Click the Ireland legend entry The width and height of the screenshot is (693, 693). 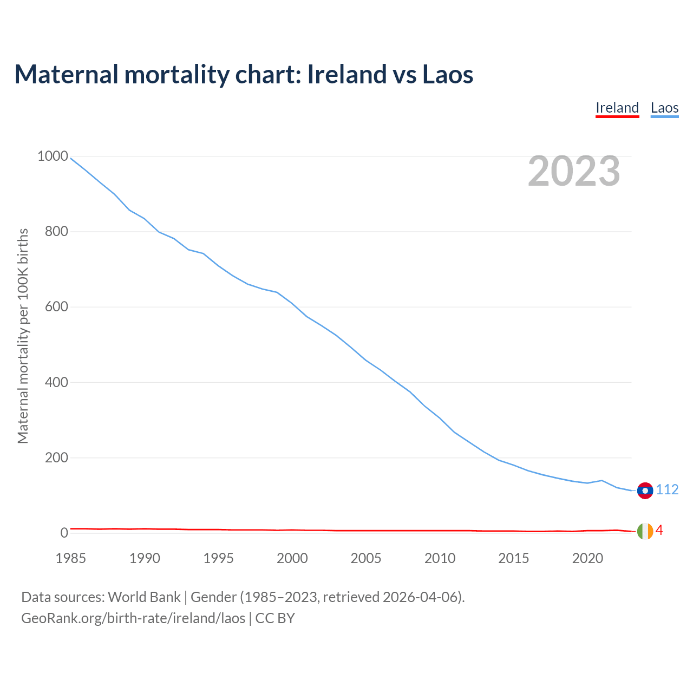tap(617, 108)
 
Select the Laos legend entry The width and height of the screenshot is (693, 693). tap(664, 108)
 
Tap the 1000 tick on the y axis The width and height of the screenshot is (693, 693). tap(53, 156)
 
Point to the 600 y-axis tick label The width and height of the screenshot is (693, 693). tap(56, 307)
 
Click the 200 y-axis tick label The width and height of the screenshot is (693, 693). tap(56, 458)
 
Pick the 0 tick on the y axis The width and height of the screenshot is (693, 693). tap(64, 533)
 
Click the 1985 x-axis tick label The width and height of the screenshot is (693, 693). tap(71, 558)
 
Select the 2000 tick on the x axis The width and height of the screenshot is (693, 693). tap(292, 558)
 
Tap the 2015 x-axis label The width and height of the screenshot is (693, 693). tap(514, 558)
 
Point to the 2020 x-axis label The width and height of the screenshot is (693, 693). tap(587, 558)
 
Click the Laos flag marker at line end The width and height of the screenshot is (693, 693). tap(645, 491)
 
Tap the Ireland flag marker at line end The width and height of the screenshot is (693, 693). tap(645, 532)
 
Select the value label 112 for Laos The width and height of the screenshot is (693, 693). tap(667, 490)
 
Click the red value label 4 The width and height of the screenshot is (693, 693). tap(659, 531)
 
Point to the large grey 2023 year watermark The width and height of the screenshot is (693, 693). tap(574, 171)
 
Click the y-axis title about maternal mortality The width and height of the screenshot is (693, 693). tap(23, 336)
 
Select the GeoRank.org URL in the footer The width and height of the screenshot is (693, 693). tap(133, 618)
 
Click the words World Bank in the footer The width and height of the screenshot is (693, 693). tap(144, 597)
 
